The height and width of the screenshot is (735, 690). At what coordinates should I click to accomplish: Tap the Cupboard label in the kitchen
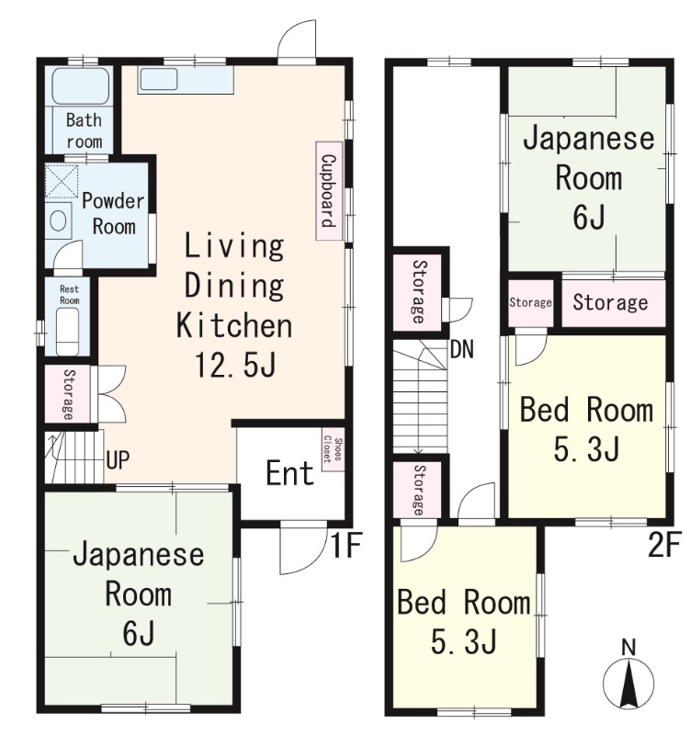(x=328, y=191)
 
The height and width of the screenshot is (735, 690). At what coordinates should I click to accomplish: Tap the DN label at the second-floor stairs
(x=462, y=350)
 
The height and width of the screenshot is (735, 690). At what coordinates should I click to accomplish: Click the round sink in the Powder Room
(x=59, y=220)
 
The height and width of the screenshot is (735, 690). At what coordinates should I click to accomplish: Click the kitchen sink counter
(x=186, y=80)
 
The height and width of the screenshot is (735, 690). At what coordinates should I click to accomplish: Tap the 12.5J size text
(x=234, y=365)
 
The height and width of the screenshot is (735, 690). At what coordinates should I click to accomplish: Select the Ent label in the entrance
(x=290, y=474)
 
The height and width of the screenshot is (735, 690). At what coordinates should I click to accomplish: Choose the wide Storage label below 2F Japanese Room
(x=610, y=302)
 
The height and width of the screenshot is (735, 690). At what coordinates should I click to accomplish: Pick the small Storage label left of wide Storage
(x=530, y=302)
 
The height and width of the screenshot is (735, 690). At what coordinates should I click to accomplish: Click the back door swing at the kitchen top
(x=300, y=41)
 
